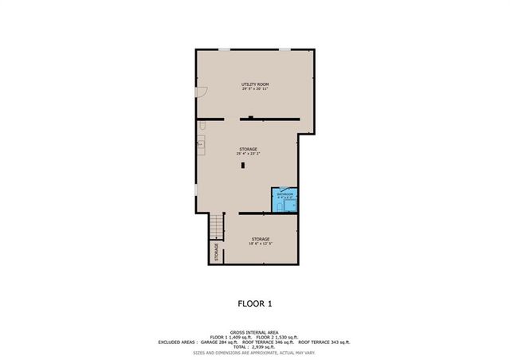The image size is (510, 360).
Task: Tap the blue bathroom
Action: [x=286, y=202]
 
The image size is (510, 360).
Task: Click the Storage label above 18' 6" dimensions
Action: [x=261, y=238]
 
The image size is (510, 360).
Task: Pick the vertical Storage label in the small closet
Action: [x=217, y=252]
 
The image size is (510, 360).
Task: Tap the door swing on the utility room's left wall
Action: [x=202, y=92]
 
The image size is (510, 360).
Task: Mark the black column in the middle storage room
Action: [x=244, y=166]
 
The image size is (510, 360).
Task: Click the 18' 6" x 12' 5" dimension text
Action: [x=261, y=244]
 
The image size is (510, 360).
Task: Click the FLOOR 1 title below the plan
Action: [x=254, y=303]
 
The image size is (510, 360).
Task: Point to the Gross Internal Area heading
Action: [x=254, y=332]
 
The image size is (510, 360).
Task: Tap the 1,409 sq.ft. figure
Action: [x=239, y=337]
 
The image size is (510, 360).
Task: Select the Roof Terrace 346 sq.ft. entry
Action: [x=269, y=342]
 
